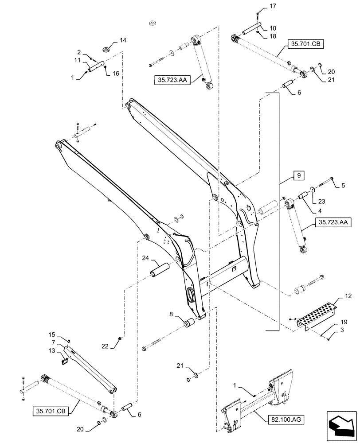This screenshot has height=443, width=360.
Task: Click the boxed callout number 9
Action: tap(298, 176)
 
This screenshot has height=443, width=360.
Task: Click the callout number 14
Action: tap(123, 40)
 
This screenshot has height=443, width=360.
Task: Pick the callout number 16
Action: tap(116, 74)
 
